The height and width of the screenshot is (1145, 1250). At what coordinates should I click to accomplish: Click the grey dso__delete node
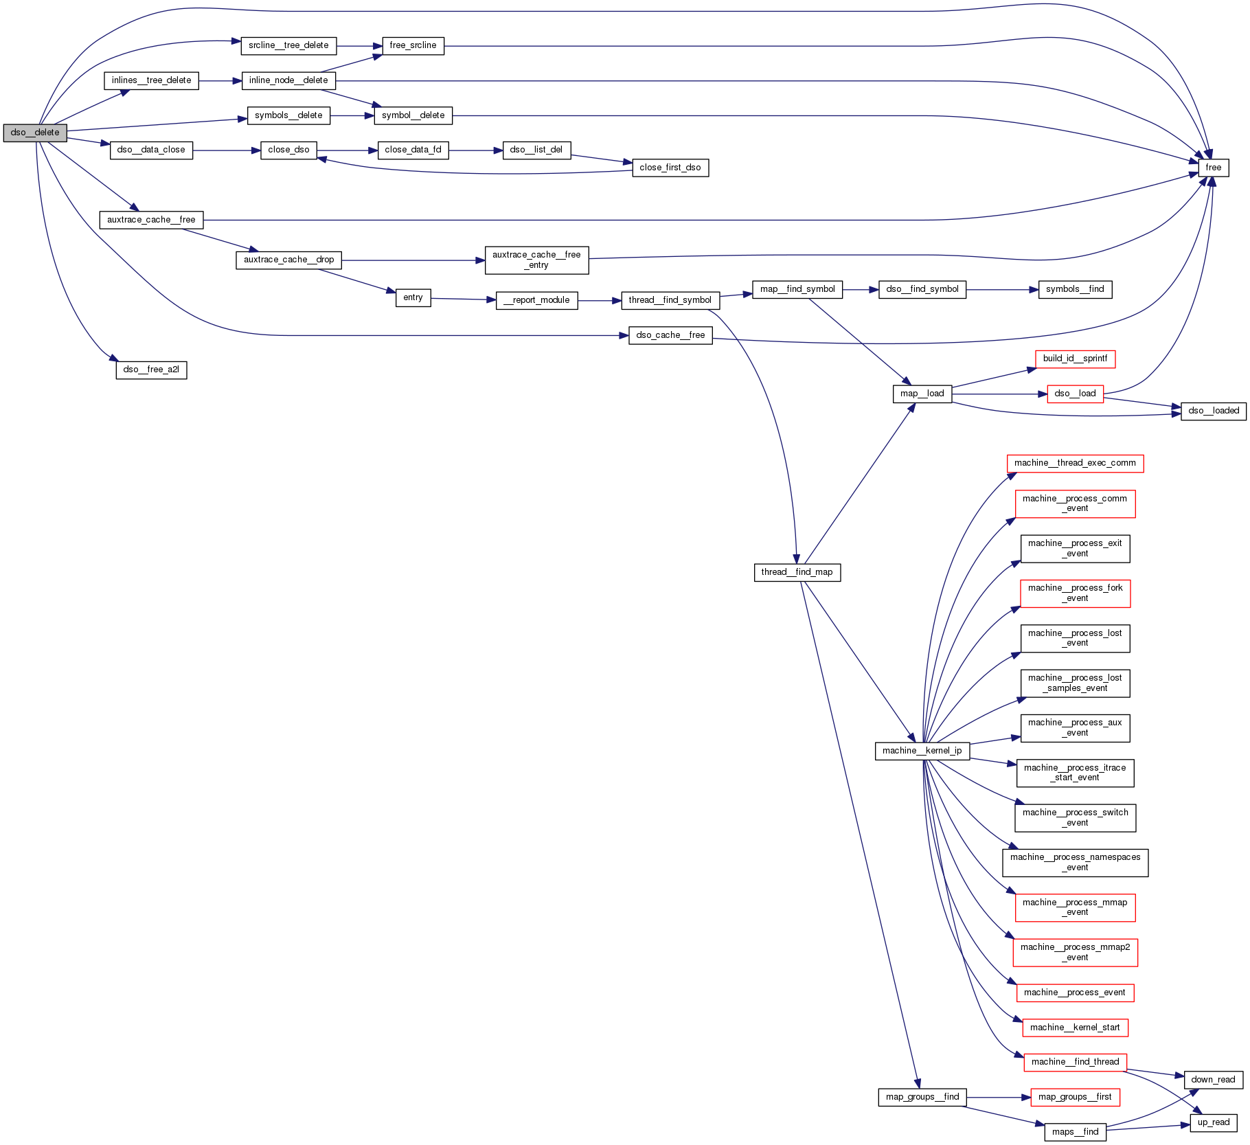pos(35,133)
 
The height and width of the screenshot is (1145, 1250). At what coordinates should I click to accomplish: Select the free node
pos(1213,168)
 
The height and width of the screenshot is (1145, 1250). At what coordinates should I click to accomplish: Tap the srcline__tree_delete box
pos(288,45)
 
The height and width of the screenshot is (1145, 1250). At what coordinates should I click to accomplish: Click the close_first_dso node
pos(670,168)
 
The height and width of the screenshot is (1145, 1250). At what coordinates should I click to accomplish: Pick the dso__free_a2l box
pos(151,370)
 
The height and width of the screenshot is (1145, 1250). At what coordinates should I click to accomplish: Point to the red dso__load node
pos(1075,394)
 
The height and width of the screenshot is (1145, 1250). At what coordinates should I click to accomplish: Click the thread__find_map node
pos(797,572)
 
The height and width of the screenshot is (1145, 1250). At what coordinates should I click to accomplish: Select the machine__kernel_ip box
pos(922,751)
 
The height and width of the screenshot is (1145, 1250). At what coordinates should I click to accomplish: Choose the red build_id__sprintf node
pos(1075,359)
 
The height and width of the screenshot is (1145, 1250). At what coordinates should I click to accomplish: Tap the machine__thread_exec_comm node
pos(1075,463)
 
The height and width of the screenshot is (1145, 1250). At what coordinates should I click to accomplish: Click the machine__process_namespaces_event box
pos(1075,862)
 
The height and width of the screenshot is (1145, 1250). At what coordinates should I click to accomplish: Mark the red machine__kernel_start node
pos(1075,1028)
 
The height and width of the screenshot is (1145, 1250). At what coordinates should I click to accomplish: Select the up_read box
pos(1213,1122)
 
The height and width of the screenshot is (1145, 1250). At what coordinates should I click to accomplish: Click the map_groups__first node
pos(1075,1097)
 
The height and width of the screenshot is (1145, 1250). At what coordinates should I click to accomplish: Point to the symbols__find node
pos(1075,289)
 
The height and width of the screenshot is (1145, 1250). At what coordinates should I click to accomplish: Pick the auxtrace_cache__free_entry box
pos(536,260)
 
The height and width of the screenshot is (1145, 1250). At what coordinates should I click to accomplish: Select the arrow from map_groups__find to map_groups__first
pos(999,1098)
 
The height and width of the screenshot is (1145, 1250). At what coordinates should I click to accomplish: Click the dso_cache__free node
pos(670,335)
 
